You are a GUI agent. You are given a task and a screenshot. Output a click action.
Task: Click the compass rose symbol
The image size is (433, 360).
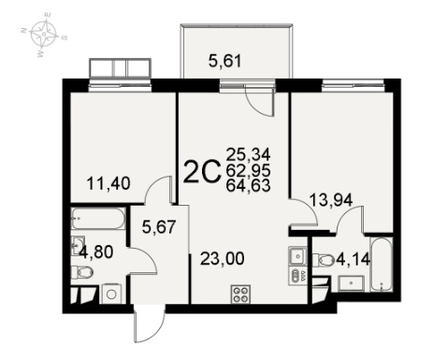(44, 35)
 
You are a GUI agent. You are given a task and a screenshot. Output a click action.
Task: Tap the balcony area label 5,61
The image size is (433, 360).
(224, 61)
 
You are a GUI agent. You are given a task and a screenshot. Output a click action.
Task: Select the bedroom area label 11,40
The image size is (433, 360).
(108, 183)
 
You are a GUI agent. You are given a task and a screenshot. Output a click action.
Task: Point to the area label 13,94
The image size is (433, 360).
(331, 200)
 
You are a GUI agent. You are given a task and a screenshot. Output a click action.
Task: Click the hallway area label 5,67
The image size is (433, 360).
(159, 226)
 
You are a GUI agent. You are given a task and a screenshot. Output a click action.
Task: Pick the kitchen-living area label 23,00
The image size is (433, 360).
(223, 258)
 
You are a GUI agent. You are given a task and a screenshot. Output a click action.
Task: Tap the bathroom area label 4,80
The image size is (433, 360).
(95, 252)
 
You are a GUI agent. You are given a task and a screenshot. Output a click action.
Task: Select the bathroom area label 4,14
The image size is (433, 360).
(353, 259)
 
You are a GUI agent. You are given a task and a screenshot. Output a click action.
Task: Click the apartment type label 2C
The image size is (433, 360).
(202, 171)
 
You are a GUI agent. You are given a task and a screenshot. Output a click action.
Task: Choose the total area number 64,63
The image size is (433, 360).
(248, 186)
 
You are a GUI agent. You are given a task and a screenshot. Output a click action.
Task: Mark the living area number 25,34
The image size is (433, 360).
(248, 154)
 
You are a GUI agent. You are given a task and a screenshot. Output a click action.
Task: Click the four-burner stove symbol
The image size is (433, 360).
(240, 294)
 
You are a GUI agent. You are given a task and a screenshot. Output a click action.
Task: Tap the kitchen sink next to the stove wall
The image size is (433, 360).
(297, 256)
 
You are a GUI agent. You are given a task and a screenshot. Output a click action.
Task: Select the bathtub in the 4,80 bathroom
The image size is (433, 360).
(98, 219)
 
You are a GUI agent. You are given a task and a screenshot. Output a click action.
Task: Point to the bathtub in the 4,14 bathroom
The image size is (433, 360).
(382, 265)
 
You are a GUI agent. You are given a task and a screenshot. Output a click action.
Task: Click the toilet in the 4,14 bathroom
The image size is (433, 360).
(324, 260)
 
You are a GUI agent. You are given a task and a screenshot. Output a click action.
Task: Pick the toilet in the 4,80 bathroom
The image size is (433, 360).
(82, 272)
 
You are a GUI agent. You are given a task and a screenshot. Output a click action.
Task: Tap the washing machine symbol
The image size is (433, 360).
(110, 294)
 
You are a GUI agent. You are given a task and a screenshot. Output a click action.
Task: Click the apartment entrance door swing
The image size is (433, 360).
(149, 324)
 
